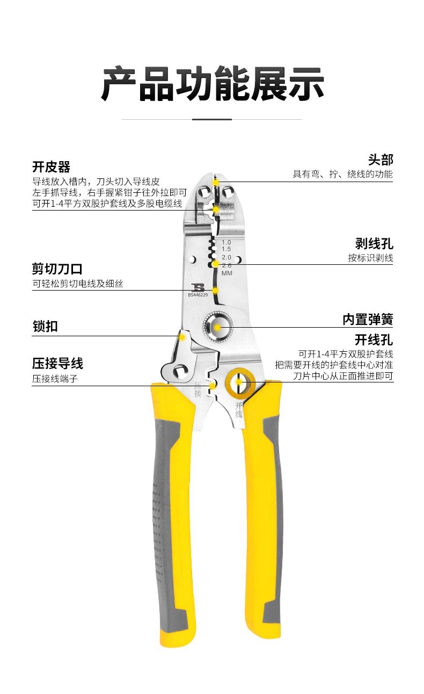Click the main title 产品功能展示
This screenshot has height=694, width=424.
[212, 84]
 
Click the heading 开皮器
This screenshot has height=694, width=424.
[51, 167]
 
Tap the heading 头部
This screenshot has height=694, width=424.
[380, 160]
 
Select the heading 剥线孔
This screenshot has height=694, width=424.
[374, 244]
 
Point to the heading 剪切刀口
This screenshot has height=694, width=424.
[57, 269]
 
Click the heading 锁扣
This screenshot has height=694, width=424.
[45, 326]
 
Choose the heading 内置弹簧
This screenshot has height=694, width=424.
[368, 320]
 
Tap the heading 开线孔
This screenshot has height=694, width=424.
[374, 339]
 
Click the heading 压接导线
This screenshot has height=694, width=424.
[57, 364]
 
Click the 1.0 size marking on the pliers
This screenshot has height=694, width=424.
[226, 242]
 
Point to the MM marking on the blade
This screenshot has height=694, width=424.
[226, 273]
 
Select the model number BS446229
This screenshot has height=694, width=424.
[198, 294]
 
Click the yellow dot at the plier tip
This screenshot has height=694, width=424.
[215, 182]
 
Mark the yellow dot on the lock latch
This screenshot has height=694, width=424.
[182, 337]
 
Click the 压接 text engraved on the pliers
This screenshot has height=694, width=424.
[198, 389]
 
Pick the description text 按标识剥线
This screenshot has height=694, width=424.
[370, 258]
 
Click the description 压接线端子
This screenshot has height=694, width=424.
[55, 379]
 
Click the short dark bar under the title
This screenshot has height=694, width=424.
[211, 119]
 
